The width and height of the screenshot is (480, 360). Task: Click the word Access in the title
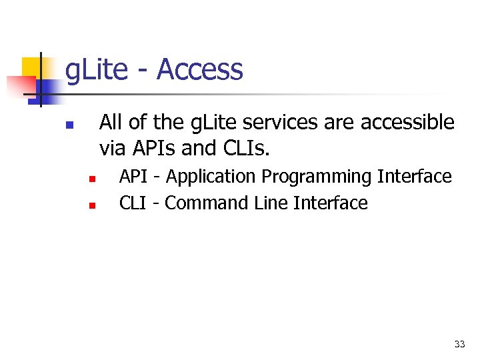199,70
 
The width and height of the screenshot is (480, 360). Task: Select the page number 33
459,344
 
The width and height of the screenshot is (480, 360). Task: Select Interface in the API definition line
414,177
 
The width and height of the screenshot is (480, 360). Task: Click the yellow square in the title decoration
33,67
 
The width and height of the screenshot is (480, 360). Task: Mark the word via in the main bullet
111,147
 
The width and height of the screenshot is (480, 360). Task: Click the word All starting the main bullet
111,123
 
